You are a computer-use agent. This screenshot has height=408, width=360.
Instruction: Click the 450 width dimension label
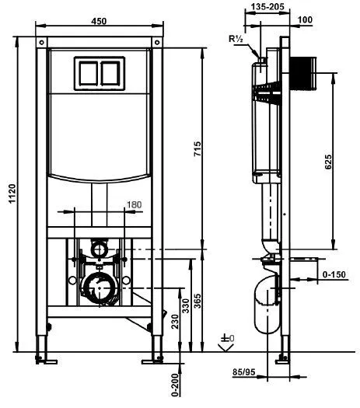99,21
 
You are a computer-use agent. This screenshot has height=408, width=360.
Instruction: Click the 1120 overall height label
12,194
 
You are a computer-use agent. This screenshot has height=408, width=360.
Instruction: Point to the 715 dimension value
197,148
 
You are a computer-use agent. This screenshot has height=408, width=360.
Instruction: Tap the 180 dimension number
134,205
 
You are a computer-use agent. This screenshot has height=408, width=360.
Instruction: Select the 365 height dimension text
197,301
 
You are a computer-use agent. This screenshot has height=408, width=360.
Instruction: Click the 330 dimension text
185,306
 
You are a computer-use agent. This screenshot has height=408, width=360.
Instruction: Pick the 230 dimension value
175,322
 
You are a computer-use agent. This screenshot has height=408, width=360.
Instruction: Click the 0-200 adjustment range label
176,385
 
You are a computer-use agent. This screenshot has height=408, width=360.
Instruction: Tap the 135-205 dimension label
267,7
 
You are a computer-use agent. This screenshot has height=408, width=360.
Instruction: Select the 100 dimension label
305,19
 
